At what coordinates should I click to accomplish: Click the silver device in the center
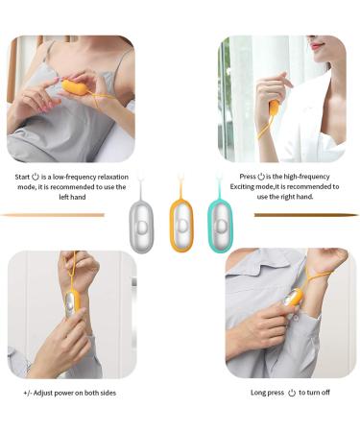point(140,225)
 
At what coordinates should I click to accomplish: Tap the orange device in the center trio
point(181,226)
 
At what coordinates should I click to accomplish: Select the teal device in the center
point(221,225)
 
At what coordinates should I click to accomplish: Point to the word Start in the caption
point(23,178)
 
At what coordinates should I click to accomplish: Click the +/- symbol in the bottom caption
point(28,393)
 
